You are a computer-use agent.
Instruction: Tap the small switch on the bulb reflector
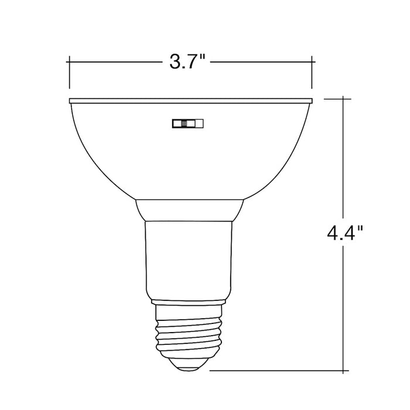(187, 123)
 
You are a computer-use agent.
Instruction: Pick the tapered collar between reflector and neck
(190, 209)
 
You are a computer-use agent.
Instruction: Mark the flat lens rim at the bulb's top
(190, 100)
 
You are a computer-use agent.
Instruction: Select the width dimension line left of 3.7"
(117, 60)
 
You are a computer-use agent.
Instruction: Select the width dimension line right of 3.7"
(264, 60)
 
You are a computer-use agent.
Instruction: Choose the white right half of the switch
(197, 123)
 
